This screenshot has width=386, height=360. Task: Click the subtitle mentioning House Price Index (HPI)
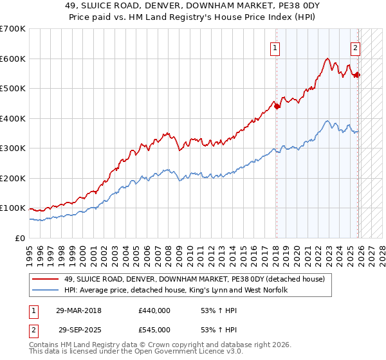(192, 18)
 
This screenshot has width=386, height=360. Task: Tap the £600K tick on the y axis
(13, 59)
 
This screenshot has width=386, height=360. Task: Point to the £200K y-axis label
(13, 178)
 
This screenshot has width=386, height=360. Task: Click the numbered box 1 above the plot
(275, 47)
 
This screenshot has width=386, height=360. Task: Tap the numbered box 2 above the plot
(354, 47)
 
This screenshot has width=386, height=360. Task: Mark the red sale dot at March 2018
(277, 107)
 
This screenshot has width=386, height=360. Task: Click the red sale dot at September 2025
(358, 75)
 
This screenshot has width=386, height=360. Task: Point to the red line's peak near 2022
(327, 59)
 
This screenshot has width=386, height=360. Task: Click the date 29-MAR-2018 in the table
(79, 310)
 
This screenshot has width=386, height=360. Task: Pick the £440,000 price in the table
(154, 310)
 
